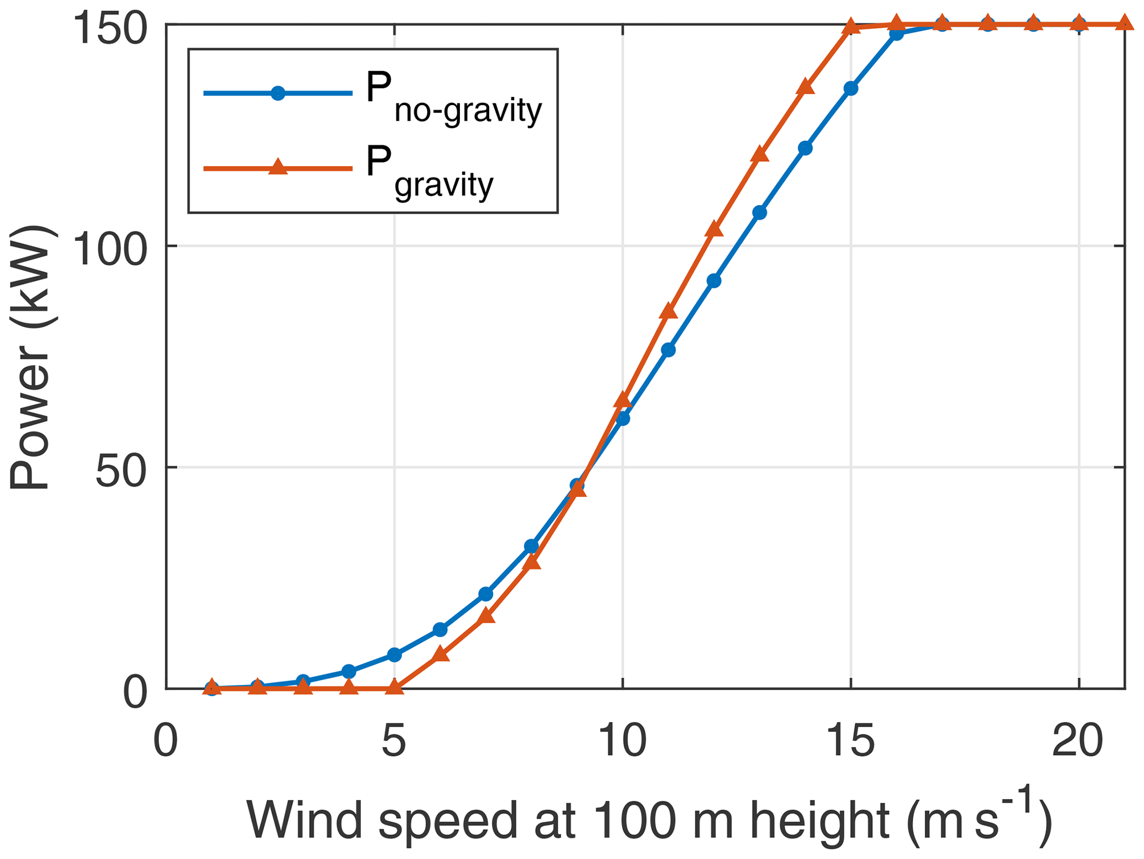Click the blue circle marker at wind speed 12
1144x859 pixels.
click(x=714, y=281)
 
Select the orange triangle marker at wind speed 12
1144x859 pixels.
click(x=714, y=229)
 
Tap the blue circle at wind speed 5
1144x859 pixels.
click(x=394, y=655)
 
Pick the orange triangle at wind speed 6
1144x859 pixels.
click(x=440, y=654)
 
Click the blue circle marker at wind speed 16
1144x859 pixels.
click(x=897, y=33)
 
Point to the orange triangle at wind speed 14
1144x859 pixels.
click(x=805, y=88)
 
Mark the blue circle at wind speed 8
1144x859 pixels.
click(x=531, y=546)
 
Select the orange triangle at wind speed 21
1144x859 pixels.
click(x=1124, y=23)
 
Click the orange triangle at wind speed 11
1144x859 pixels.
click(x=669, y=311)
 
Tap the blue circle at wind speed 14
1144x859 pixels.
click(x=805, y=148)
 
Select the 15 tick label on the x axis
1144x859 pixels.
click(x=851, y=741)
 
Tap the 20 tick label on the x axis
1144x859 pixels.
click(x=1078, y=741)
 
